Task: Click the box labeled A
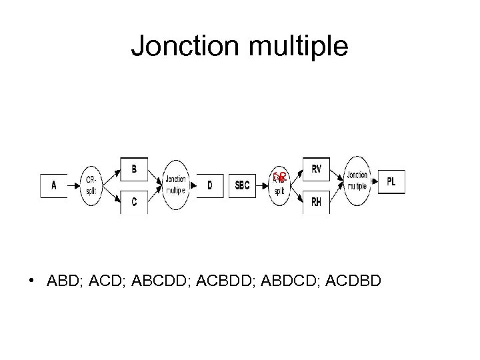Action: click(x=55, y=185)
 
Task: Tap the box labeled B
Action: click(x=134, y=169)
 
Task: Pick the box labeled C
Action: click(x=134, y=201)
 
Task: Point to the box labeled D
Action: click(x=210, y=185)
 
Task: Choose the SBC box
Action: click(x=243, y=185)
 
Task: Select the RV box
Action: click(x=317, y=170)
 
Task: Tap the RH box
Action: click(x=317, y=201)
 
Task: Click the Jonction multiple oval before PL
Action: click(x=357, y=179)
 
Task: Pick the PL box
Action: click(x=392, y=181)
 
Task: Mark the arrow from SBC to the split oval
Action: click(x=261, y=185)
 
